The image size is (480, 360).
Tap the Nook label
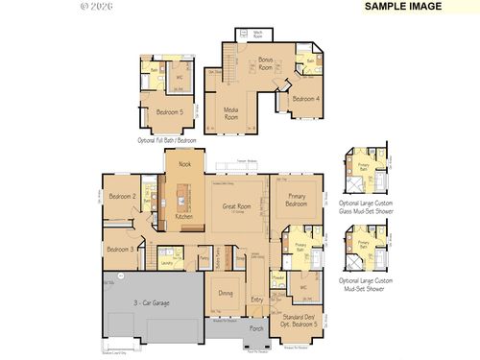click(184, 165)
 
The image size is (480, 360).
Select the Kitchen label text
click(183, 216)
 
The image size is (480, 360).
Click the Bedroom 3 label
click(119, 249)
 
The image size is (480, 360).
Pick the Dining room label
click(225, 293)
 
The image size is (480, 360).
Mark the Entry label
click(256, 300)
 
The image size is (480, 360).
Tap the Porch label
click(256, 328)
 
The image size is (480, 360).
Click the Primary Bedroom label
click(296, 200)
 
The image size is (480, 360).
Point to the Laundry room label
click(166, 261)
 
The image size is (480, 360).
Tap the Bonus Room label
click(265, 63)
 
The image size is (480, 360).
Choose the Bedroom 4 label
click(305, 99)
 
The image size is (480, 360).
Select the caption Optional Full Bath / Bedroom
click(167, 140)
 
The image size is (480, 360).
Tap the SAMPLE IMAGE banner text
click(403, 6)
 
